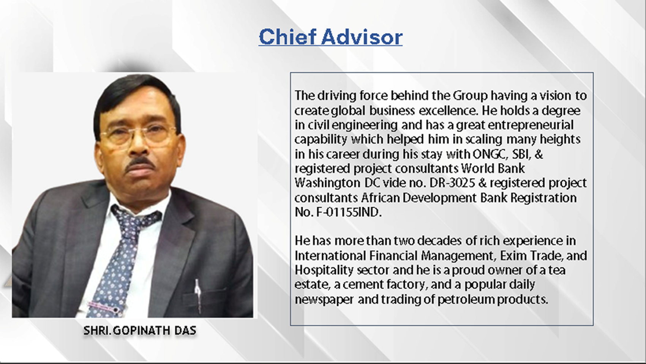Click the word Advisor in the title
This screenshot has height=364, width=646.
pyautogui.click(x=362, y=37)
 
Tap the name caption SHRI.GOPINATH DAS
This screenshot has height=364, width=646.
pyautogui.click(x=140, y=331)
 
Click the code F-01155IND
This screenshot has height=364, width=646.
pyautogui.click(x=349, y=213)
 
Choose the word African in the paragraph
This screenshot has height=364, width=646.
pyautogui.click(x=380, y=198)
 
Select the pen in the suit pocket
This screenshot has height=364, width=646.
pyautogui.click(x=198, y=295)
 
